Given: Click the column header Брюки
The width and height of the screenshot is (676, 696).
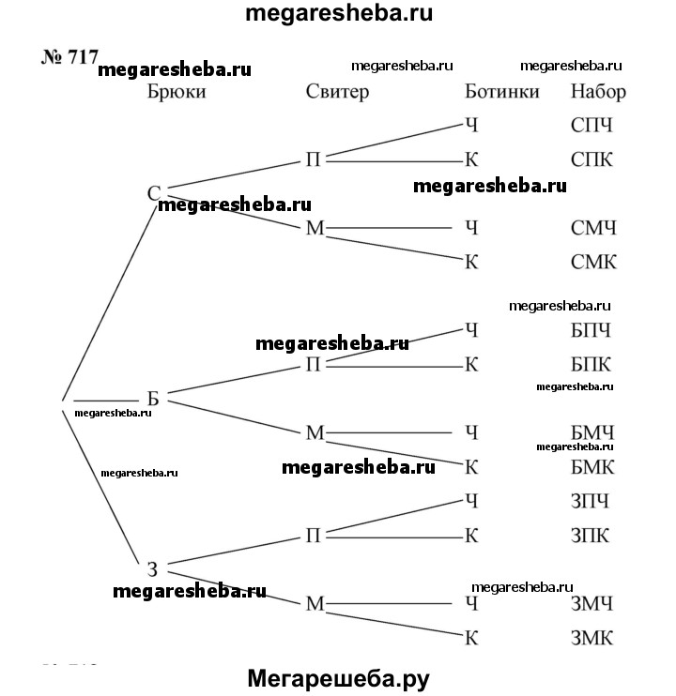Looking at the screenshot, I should click(176, 92).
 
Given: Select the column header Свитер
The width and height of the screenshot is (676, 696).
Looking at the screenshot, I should click(338, 92).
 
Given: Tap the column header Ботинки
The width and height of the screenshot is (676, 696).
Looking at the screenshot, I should click(502, 92).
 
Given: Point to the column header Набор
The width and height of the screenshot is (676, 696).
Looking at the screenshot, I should click(598, 92).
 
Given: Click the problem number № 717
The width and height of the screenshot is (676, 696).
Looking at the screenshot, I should click(69, 57).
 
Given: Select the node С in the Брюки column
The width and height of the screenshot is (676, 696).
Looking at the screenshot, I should click(154, 194).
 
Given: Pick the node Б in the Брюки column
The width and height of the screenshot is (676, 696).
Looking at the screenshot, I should click(153, 398).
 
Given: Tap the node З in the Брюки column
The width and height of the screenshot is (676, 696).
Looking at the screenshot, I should click(152, 568).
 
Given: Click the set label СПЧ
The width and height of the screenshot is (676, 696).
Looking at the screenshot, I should click(591, 125).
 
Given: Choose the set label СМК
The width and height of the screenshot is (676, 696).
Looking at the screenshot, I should click(593, 263).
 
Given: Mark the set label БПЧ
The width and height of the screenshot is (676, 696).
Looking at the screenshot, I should click(591, 330).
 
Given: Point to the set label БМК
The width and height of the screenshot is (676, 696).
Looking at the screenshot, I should click(593, 466).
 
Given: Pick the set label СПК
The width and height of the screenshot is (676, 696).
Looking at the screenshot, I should click(591, 159).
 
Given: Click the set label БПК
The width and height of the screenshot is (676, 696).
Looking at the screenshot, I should click(591, 364).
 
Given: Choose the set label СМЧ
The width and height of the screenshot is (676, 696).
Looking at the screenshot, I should click(593, 228).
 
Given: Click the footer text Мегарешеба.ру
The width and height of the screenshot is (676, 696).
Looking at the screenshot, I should click(339, 677).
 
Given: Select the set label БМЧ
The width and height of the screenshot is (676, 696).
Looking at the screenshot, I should click(593, 432).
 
